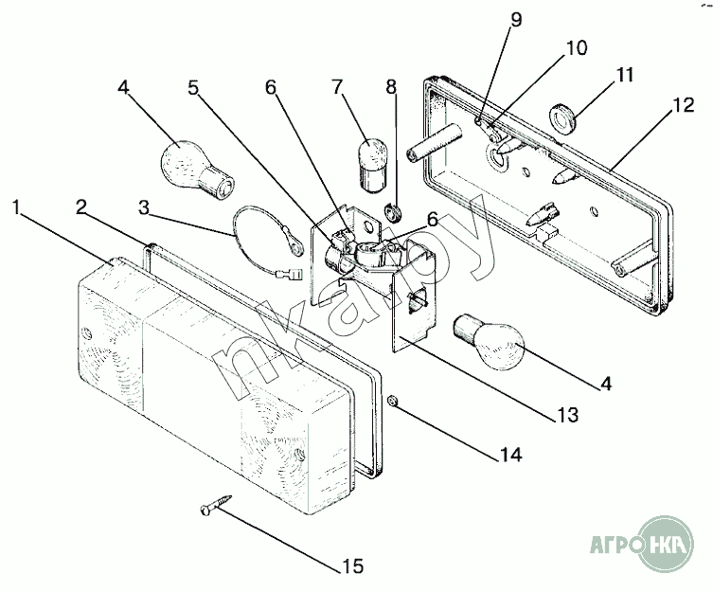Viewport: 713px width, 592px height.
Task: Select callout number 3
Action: (x=143, y=207)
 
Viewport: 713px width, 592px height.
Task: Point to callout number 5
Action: (x=194, y=88)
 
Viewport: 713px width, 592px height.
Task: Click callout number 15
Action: (x=351, y=567)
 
